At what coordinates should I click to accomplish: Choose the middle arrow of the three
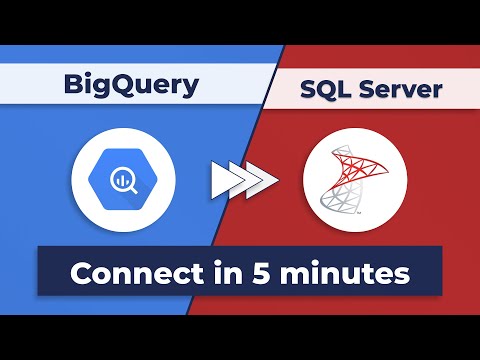[x=242, y=180]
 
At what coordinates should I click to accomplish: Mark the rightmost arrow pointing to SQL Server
[x=263, y=180]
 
